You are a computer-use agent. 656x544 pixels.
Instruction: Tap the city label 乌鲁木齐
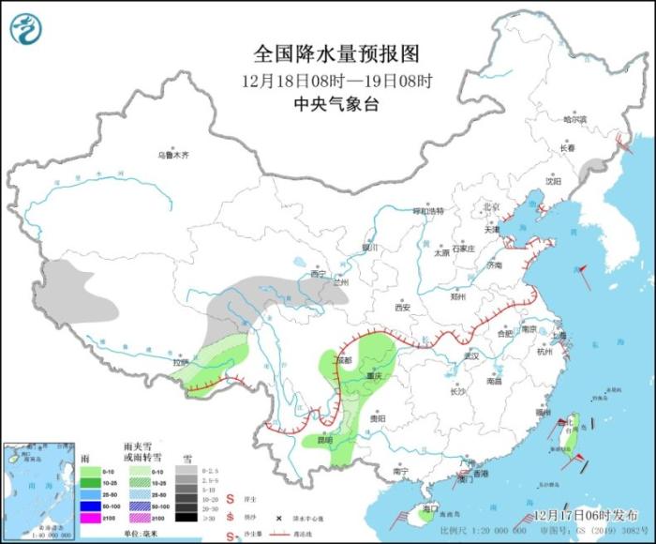tap(172, 155)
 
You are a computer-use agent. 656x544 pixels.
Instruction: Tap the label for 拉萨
tap(180, 361)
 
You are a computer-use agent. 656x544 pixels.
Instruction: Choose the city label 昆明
tap(323, 439)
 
